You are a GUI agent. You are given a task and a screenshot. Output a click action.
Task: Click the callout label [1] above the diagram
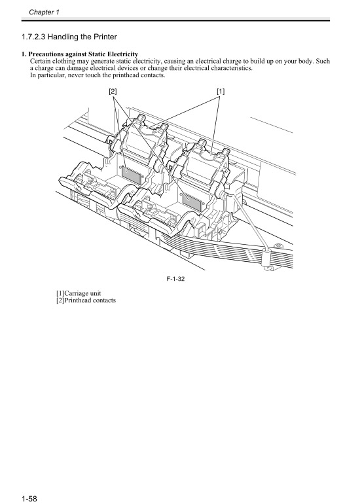(x=221, y=92)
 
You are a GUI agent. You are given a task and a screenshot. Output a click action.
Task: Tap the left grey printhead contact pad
(x=132, y=173)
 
